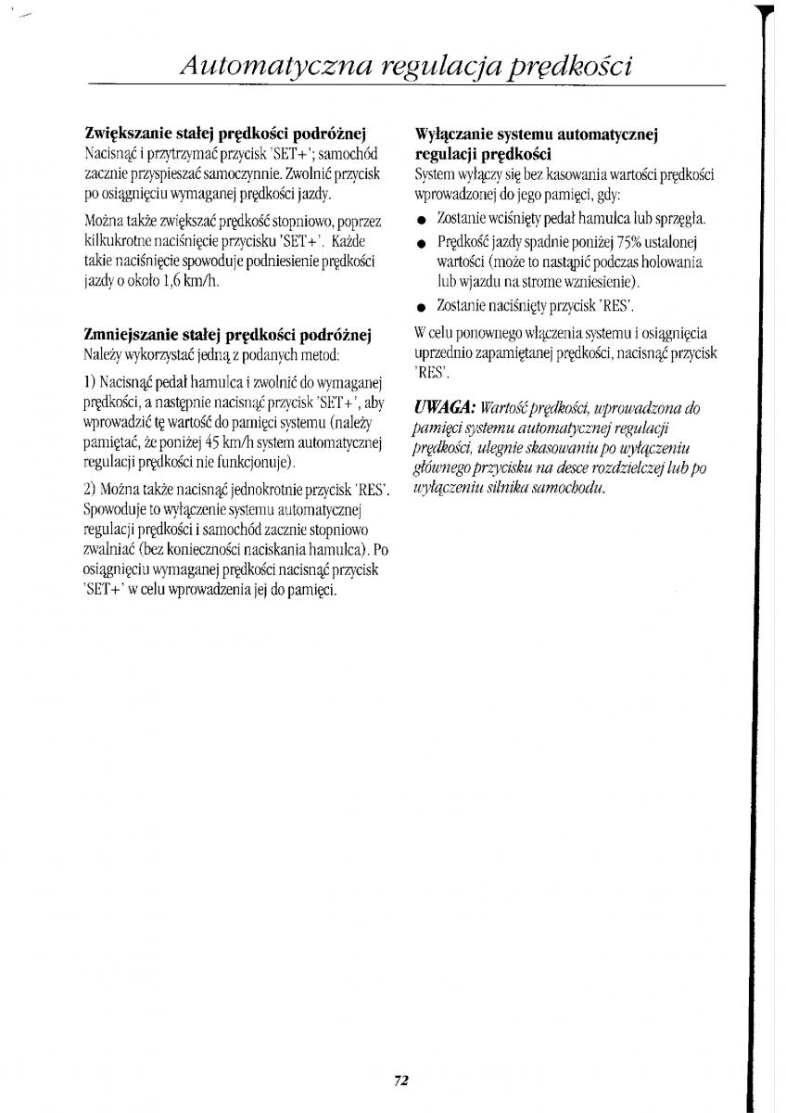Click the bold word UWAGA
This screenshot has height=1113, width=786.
[445, 408]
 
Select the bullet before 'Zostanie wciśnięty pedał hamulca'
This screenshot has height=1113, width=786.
[421, 221]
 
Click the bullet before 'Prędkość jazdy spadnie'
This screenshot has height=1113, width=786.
[421, 242]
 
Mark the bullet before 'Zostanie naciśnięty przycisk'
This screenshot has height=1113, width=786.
[421, 306]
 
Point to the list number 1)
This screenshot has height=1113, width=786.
[91, 381]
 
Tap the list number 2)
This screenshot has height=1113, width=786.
[91, 489]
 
